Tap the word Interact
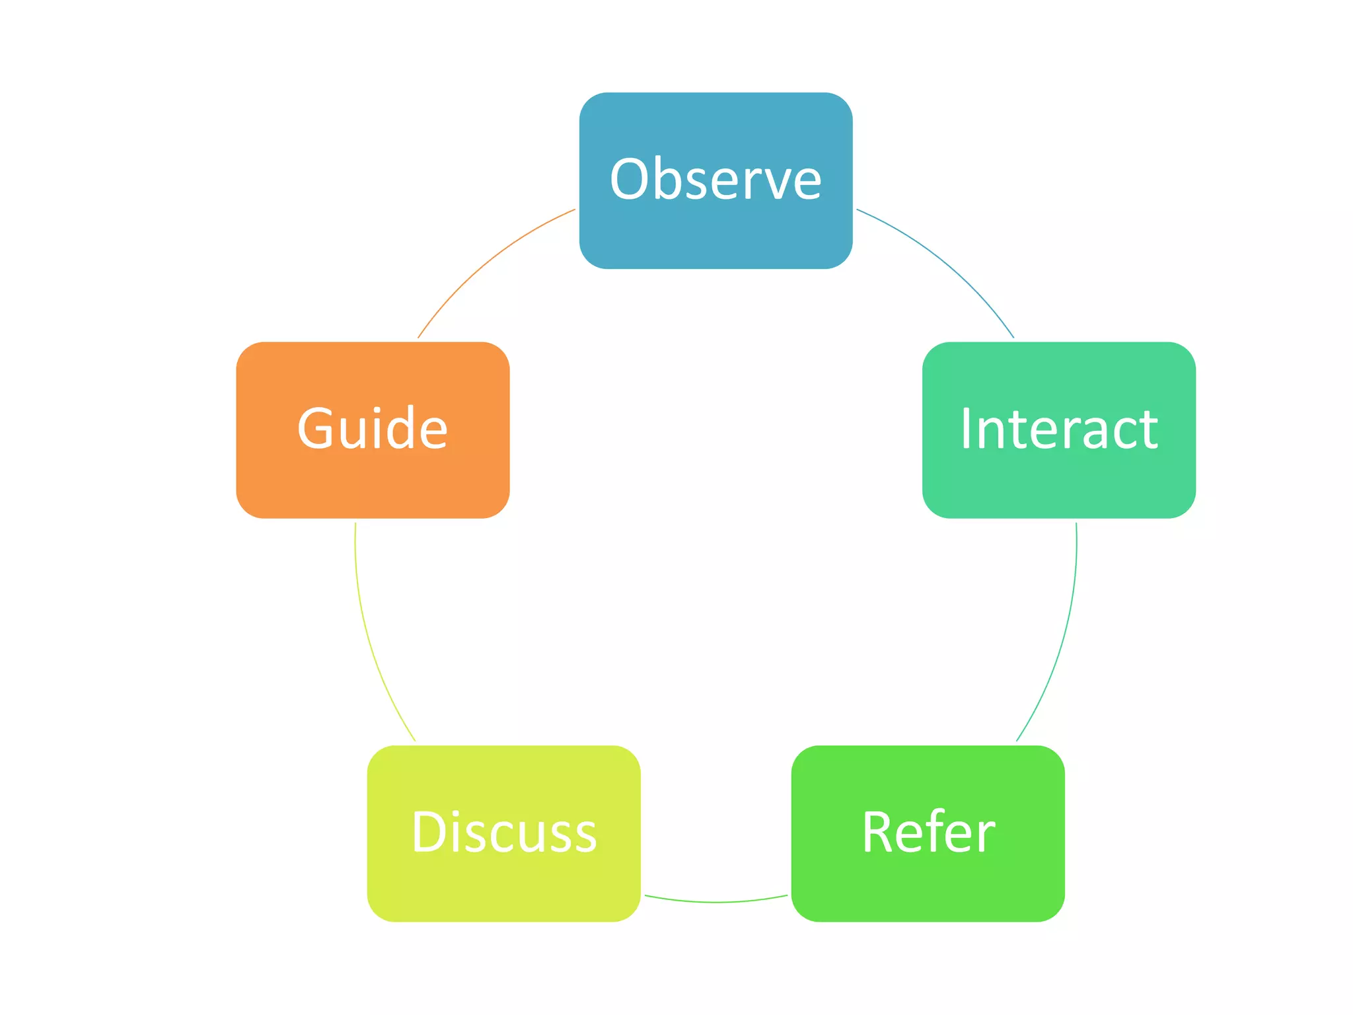pyautogui.click(x=1058, y=429)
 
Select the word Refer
pyautogui.click(x=928, y=832)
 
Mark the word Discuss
pyautogui.click(x=503, y=832)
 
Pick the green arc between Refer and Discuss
pyautogui.click(x=716, y=901)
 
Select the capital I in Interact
pyautogui.click(x=966, y=429)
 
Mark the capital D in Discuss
pyautogui.click(x=430, y=832)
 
